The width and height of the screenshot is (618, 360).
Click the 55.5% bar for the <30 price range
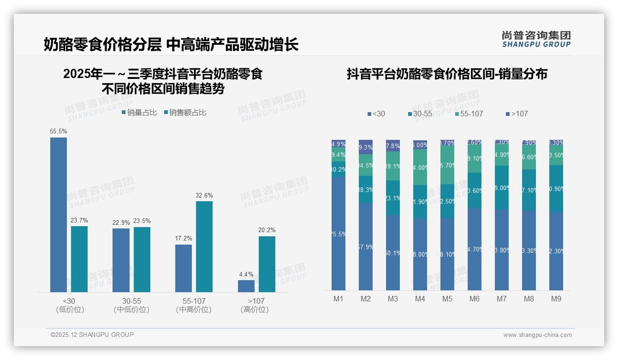pos(59,215)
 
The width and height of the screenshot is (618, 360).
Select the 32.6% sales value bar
pos(204,246)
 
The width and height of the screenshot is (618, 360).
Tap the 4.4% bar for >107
pos(246,286)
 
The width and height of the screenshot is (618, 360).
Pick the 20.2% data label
pos(267,230)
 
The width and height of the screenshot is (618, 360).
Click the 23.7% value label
pos(79,220)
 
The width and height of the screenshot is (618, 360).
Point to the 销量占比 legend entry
pos(139,113)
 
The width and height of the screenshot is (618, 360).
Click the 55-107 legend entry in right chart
pos(469,114)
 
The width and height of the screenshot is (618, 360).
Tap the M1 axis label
pos(339,299)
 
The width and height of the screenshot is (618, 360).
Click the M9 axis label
pos(556,299)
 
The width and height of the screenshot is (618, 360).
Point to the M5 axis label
pos(447,299)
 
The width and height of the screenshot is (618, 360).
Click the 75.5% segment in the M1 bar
pos(339,234)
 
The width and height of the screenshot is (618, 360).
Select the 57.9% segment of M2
pos(366,247)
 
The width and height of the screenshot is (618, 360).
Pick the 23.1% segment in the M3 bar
pos(393,198)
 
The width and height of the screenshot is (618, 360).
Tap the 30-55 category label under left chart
pos(131,301)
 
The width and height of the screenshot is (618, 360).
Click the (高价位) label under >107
pos(255,310)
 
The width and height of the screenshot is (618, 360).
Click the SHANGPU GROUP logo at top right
pos(536,39)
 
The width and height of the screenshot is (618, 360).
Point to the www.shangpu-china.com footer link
pos(537,335)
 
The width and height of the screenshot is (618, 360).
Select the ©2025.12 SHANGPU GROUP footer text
pos(92,335)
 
